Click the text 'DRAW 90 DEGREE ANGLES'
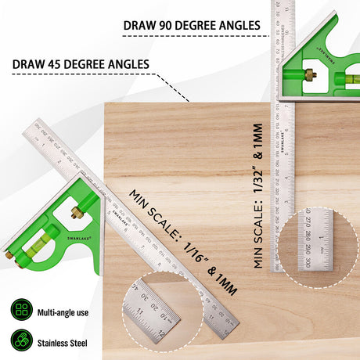coord(191,26)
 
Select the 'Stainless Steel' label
coord(63,343)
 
